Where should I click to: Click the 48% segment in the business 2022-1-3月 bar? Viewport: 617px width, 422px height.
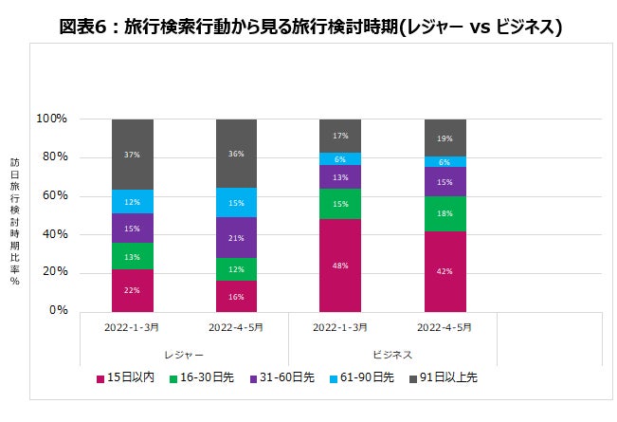[340, 265]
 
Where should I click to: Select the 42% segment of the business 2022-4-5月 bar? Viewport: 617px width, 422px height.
[445, 270]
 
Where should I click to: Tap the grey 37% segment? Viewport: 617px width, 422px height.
[132, 155]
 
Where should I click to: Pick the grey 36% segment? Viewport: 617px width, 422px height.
[236, 155]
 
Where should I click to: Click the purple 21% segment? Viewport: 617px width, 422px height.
[236, 237]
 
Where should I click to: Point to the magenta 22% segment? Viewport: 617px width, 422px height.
[132, 289]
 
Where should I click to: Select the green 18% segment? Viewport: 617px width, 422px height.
[445, 213]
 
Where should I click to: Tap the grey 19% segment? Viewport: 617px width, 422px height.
[445, 138]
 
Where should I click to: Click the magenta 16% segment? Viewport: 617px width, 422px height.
[236, 296]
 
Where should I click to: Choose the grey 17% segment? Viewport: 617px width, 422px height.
[340, 136]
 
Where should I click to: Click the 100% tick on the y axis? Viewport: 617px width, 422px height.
[51, 119]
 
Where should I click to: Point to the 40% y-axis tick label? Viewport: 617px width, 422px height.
[54, 233]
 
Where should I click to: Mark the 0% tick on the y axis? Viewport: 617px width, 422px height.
[58, 310]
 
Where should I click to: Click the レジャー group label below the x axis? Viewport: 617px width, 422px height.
[184, 354]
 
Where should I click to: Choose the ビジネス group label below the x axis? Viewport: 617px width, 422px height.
[392, 354]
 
